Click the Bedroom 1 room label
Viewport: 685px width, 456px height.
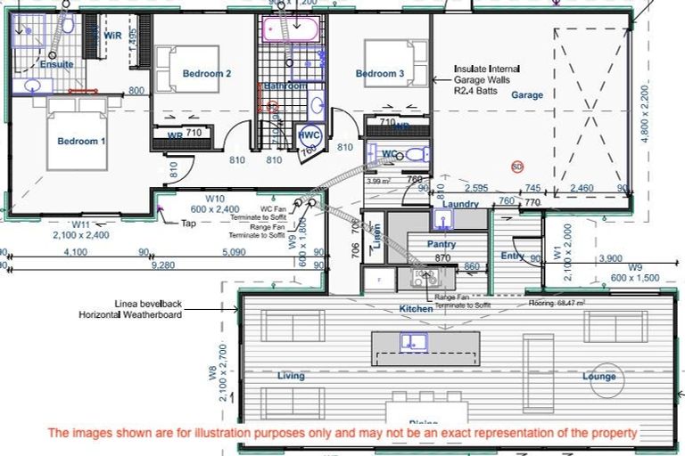[x=81, y=141]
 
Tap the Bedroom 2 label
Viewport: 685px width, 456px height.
[x=207, y=73]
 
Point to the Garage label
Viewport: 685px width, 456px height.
[x=526, y=94]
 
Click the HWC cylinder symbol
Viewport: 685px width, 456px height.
[x=309, y=134]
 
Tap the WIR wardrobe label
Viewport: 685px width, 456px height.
[x=112, y=36]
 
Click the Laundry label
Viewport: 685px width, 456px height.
[x=460, y=204]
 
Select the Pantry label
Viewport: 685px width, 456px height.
[x=442, y=244]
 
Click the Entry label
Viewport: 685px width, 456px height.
[x=512, y=256]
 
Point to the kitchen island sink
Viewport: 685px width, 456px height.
[x=413, y=340]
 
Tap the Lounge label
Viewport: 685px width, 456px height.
[x=598, y=377]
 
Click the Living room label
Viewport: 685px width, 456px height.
[x=291, y=376]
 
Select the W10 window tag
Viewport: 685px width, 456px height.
[x=213, y=199]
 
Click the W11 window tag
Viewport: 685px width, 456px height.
[x=81, y=225]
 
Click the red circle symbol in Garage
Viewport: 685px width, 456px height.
[x=516, y=166]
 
